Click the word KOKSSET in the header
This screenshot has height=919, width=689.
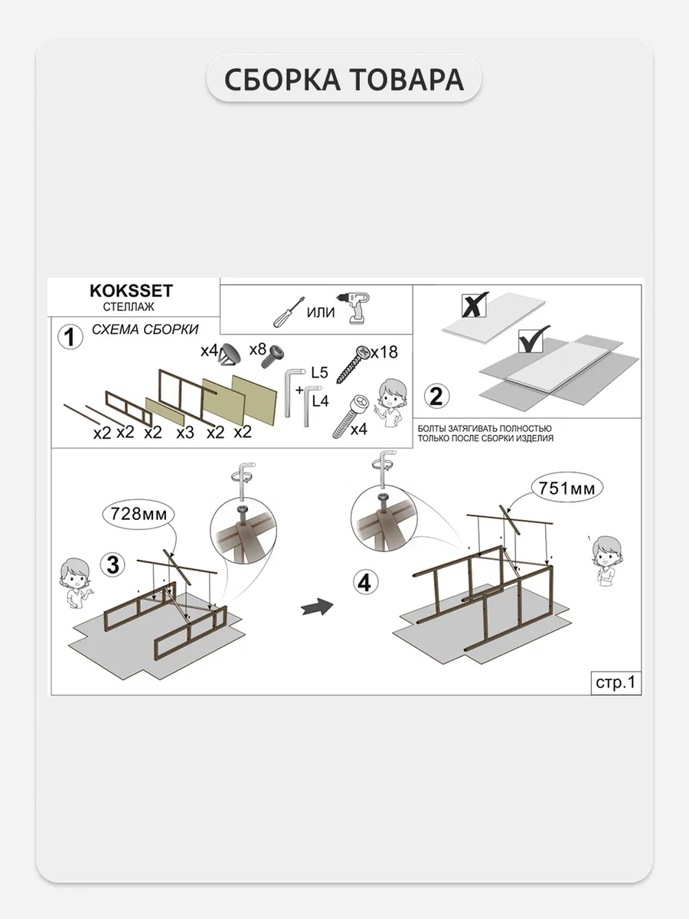tap(131, 291)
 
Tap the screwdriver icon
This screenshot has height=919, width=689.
tap(289, 312)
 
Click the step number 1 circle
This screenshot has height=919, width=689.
tap(70, 337)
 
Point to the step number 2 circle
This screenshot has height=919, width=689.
tap(436, 396)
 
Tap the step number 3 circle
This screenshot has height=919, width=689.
tap(113, 564)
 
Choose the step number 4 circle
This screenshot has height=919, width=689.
tap(365, 583)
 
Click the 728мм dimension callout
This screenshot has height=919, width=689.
tap(138, 514)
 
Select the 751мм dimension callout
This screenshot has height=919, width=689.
tap(567, 488)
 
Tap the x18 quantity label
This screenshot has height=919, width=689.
tap(384, 352)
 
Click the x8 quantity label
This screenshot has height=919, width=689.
tap(258, 348)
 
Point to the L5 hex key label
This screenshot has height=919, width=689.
tap(319, 372)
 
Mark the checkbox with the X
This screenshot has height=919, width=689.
tap(475, 306)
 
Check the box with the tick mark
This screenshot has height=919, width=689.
tap(532, 341)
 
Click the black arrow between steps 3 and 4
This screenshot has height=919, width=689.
tap(317, 606)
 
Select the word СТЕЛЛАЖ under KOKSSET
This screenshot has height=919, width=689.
tap(129, 307)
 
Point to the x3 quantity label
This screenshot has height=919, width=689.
tap(185, 433)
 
